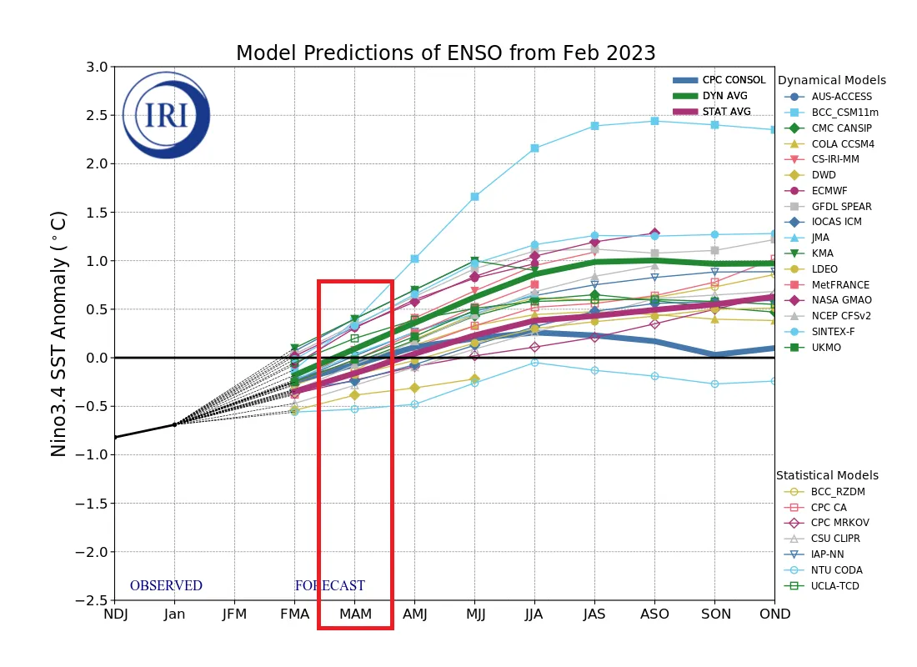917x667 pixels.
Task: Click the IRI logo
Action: pos(166,115)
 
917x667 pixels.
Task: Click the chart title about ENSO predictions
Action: pos(445,53)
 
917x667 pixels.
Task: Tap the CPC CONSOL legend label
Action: pos(734,80)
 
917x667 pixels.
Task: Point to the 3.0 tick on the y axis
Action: pos(97,67)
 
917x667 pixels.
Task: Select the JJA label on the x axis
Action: pos(534,614)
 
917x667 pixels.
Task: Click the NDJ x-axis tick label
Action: pos(114,614)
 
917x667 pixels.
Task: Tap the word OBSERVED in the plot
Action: pos(166,586)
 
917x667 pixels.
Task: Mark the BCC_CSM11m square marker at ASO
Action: pos(654,121)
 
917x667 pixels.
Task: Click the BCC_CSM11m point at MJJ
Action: pos(474,197)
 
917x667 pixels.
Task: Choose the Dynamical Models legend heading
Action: pos(831,81)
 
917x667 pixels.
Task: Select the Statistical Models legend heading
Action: pos(827,475)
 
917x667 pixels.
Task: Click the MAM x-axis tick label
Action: pos(354,614)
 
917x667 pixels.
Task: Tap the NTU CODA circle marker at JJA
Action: pos(534,362)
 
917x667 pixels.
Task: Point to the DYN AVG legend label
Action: pos(724,96)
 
